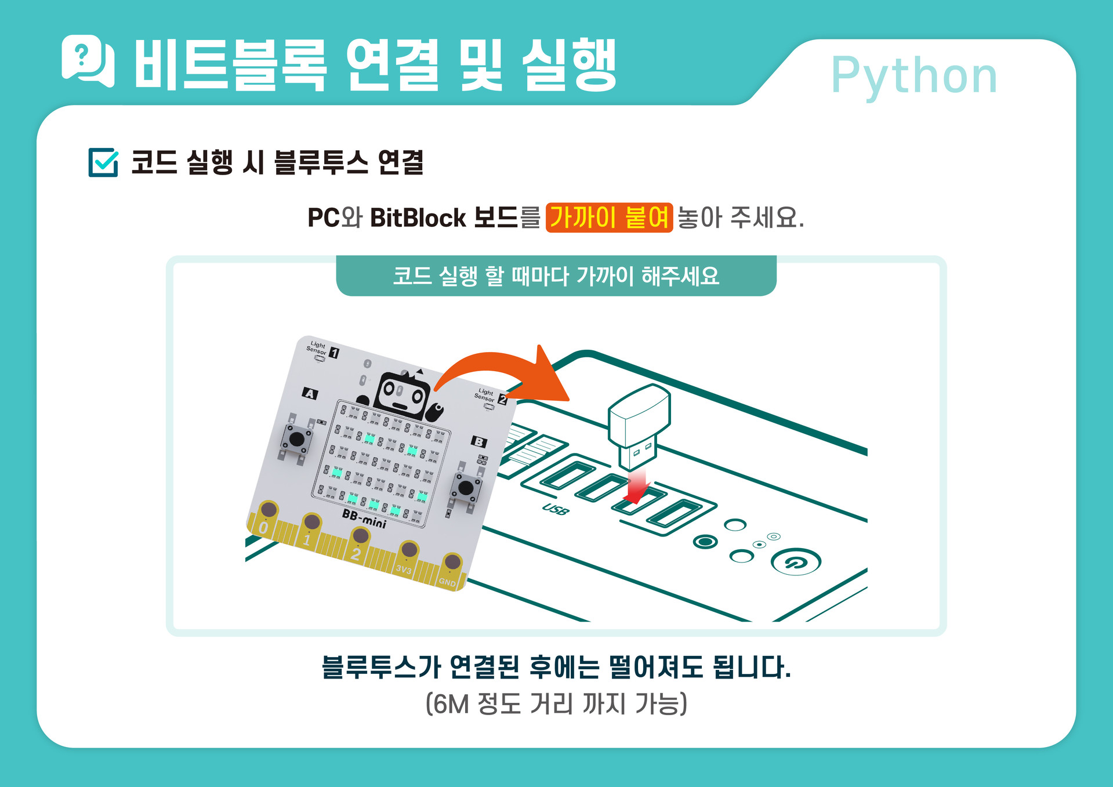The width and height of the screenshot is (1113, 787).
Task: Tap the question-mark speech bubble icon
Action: click(87, 60)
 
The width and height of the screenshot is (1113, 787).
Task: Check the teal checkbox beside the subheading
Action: click(103, 162)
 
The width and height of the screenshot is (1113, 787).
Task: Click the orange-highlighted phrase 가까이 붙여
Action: click(609, 217)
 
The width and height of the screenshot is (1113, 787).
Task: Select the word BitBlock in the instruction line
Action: click(418, 218)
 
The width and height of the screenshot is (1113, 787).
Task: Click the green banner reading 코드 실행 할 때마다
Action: click(556, 276)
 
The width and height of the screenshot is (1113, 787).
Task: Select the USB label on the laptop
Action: click(556, 509)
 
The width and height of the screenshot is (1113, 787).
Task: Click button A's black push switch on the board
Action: click(296, 439)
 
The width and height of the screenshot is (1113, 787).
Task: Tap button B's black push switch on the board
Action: click(466, 488)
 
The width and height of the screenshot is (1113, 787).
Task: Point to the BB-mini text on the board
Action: click(364, 518)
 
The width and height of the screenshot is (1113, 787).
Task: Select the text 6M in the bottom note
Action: click(451, 704)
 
